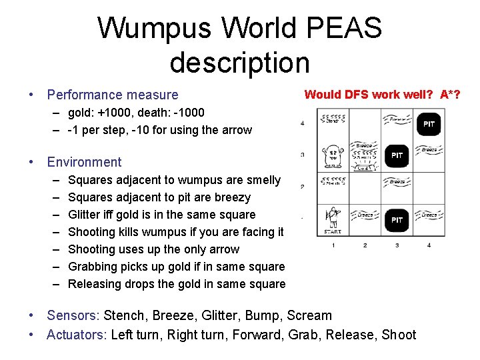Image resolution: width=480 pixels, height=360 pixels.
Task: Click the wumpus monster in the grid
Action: tap(333, 156)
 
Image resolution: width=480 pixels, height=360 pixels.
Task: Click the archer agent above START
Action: tap(332, 217)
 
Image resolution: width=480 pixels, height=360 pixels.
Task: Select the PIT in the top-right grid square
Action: tap(429, 124)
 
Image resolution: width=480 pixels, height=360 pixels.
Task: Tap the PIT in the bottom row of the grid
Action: tap(397, 219)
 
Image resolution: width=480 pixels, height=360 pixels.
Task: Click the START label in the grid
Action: tap(332, 232)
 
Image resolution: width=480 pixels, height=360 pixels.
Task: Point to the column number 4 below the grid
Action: tap(429, 245)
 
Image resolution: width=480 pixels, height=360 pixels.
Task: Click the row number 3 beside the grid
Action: tap(303, 155)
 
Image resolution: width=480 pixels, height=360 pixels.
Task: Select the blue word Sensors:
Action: tap(73, 316)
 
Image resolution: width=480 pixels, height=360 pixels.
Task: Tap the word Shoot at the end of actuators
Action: tap(399, 335)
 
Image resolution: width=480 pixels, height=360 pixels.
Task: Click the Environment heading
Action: tap(85, 162)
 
